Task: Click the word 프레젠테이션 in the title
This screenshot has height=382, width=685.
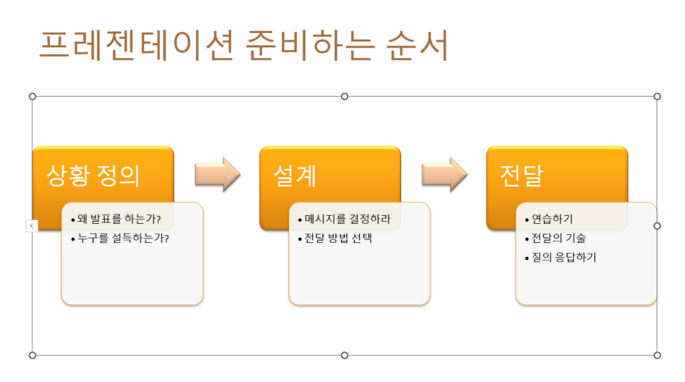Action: click(136, 46)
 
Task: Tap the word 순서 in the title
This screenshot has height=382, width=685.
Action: click(416, 46)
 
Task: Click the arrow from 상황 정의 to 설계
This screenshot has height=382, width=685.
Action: click(217, 174)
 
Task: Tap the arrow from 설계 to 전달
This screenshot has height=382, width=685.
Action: click(444, 174)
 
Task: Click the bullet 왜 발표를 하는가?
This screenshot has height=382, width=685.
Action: click(119, 219)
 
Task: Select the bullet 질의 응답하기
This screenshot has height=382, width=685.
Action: click(564, 258)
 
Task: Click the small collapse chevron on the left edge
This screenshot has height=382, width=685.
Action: click(31, 226)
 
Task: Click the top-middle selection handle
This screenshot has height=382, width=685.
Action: click(345, 97)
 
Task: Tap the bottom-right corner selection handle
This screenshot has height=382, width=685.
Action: click(657, 355)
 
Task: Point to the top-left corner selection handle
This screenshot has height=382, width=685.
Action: click(32, 97)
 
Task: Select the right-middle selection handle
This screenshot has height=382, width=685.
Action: click(657, 225)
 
